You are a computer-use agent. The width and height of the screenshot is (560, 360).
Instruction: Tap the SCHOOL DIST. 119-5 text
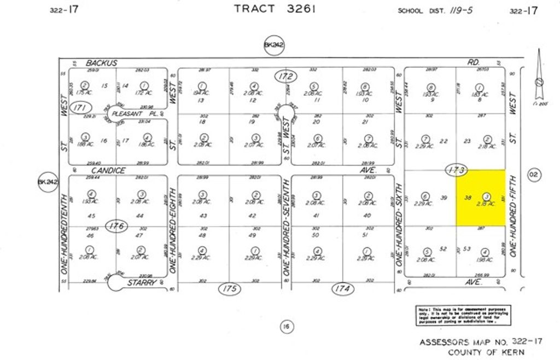435,10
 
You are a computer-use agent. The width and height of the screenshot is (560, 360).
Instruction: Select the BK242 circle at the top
274,45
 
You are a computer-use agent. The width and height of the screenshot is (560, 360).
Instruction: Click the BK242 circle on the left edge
48,182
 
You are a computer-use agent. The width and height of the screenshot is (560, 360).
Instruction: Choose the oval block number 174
342,288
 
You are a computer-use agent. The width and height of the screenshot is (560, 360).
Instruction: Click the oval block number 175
230,288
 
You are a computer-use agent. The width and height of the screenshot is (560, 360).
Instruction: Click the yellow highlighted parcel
481,198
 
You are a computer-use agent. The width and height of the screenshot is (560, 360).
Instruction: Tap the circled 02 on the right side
534,175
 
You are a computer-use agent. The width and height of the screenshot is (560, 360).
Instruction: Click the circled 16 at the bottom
286,327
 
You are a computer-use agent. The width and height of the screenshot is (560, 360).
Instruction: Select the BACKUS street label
102,63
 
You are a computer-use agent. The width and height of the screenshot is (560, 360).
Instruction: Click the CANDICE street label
105,171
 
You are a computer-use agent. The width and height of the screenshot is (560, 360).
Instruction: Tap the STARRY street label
142,282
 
